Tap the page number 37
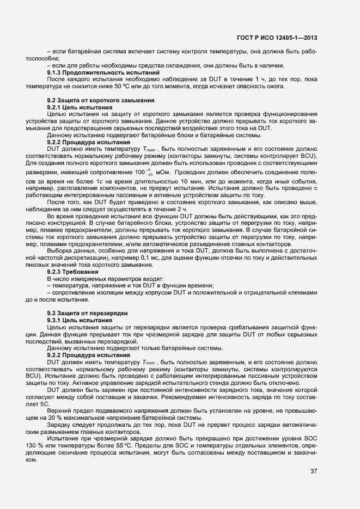pos(314,470)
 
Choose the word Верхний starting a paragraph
pos(60,395)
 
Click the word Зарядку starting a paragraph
pos(61,409)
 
